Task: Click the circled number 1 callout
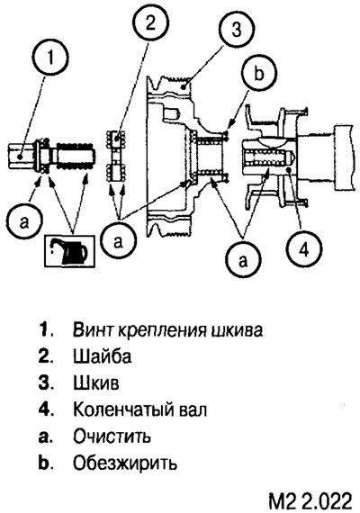[50, 58]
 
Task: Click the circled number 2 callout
[150, 24]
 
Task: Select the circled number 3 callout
[237, 30]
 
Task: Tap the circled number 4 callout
[304, 249]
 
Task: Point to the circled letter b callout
[259, 74]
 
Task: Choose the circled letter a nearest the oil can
[25, 223]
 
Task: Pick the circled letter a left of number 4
[242, 261]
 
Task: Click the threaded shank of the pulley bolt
[76, 156]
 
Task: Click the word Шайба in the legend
[102, 356]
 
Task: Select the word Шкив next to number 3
[96, 382]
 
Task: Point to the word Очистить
[112, 436]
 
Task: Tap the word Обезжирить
[125, 463]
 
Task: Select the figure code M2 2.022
[310, 500]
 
